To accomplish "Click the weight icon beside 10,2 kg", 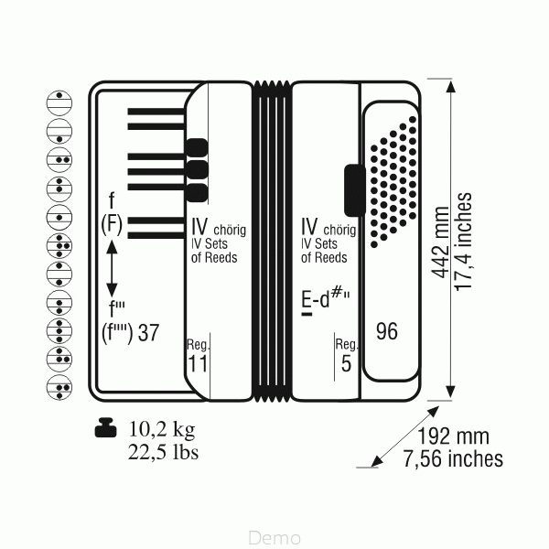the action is [105, 427].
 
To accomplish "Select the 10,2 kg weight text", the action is [162, 430].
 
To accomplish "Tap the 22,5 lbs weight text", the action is [163, 452].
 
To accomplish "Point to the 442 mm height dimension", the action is [440, 242].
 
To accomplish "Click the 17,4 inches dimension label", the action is [463, 242].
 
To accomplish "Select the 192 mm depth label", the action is [453, 436].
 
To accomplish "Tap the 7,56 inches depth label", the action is [453, 458].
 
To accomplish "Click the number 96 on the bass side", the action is [387, 331].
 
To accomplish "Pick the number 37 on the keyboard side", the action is [148, 333].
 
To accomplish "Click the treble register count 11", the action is [198, 363].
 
